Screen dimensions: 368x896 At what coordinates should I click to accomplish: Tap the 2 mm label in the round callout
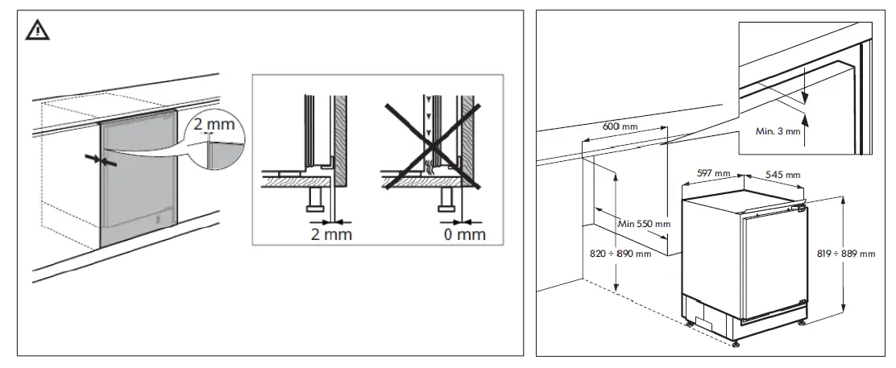(x=211, y=126)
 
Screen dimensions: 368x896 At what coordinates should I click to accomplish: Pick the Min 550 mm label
(x=643, y=223)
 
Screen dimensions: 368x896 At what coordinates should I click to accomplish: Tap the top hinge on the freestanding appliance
(x=800, y=208)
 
